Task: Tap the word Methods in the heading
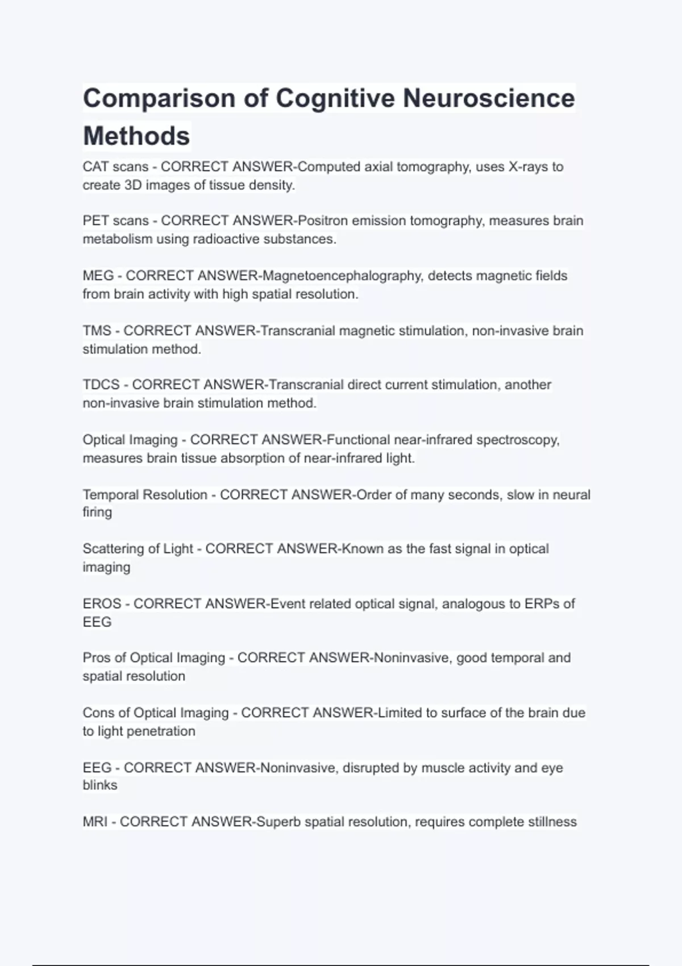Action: click(x=136, y=136)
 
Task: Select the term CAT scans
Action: click(x=115, y=167)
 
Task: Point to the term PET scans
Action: click(x=115, y=220)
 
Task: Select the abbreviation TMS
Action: click(x=97, y=331)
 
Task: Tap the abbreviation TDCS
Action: click(x=101, y=385)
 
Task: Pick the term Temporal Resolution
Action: click(x=145, y=495)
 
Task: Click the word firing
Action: click(x=97, y=513)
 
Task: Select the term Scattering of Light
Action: click(x=138, y=549)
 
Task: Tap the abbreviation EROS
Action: click(x=102, y=603)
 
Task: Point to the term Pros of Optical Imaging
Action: click(x=154, y=658)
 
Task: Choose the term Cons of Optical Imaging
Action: click(x=156, y=713)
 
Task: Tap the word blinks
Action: click(x=100, y=785)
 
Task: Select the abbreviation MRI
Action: click(x=95, y=822)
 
